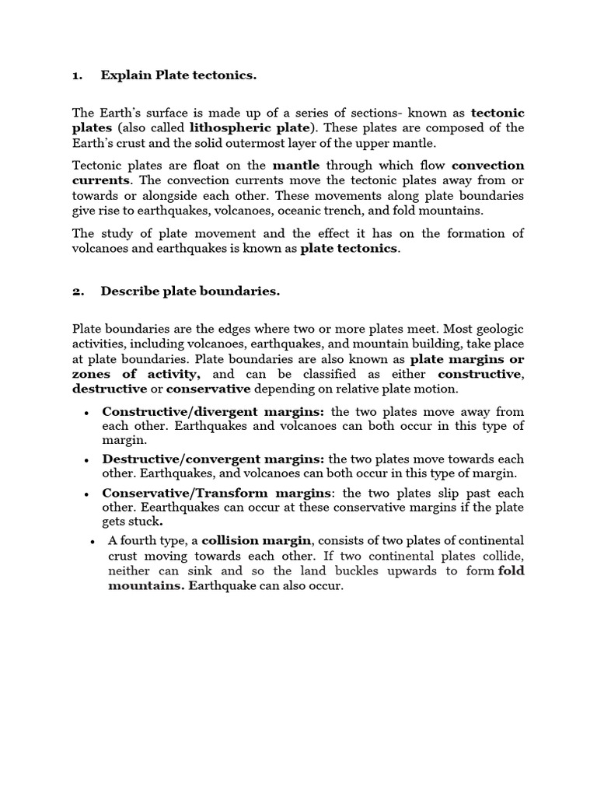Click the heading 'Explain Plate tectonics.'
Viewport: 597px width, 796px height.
(x=178, y=75)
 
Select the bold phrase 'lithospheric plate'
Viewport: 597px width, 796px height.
(x=251, y=127)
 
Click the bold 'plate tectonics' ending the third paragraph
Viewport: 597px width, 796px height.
(x=348, y=249)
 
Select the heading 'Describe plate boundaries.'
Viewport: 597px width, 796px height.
(x=190, y=292)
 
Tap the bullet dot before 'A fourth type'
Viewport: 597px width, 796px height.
(x=93, y=541)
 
